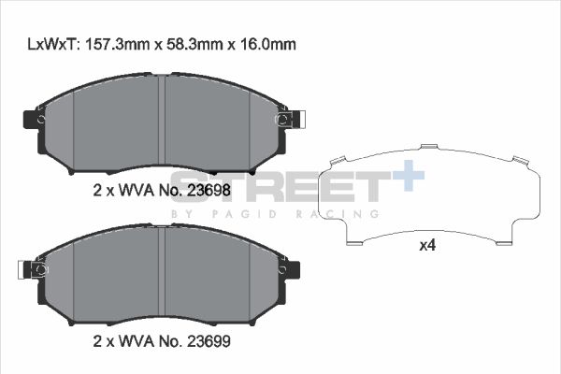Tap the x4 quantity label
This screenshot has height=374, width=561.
[427, 247]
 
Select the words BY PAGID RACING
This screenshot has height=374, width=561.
[275, 214]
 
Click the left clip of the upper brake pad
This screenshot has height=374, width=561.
[34, 120]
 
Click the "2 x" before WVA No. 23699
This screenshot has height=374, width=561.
[103, 343]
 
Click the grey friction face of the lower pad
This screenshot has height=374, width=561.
[103, 276]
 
